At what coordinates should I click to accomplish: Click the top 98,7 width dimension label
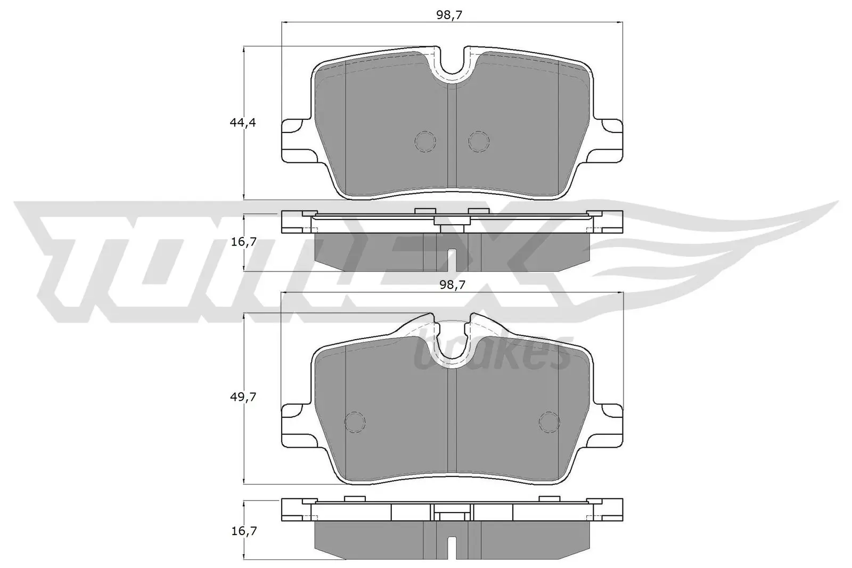(448, 15)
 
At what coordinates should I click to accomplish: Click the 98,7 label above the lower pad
(453, 285)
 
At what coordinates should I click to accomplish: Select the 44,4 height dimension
(243, 122)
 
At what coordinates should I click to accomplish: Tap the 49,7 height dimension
(243, 397)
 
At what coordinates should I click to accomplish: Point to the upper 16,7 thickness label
(243, 242)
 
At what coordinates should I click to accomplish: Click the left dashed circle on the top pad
(425, 141)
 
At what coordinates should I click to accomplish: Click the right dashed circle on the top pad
(478, 141)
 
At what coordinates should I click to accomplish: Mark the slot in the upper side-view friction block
(452, 260)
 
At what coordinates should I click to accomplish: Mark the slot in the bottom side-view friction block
(452, 548)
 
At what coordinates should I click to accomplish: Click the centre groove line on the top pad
(452, 138)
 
